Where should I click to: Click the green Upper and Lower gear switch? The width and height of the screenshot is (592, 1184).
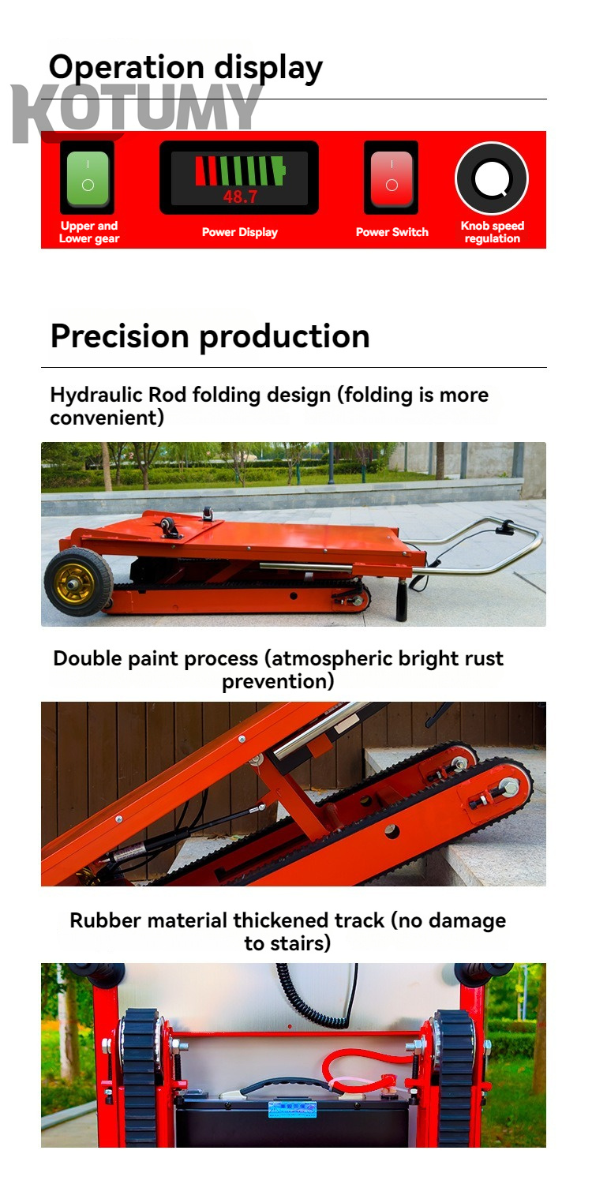[x=88, y=177]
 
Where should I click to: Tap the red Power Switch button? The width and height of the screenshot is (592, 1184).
[x=392, y=177]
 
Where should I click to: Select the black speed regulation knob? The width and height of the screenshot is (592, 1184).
[x=492, y=178]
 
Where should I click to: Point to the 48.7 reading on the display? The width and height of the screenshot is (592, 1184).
[x=240, y=197]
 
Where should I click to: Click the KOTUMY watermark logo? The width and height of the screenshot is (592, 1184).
[x=137, y=111]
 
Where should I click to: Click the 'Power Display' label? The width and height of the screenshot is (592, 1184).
[x=240, y=232]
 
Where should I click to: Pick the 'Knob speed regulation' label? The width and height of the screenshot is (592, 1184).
[x=492, y=232]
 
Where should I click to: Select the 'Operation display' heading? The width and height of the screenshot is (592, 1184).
[x=185, y=67]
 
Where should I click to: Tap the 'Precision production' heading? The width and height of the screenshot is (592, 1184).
[x=210, y=335]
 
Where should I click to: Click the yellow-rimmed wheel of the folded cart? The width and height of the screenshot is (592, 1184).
[x=78, y=582]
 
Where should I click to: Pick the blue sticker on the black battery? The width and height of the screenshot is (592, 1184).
[x=293, y=1109]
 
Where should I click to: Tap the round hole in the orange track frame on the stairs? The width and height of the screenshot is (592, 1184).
[x=392, y=830]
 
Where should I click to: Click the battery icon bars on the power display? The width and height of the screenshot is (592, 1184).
[x=240, y=170]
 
